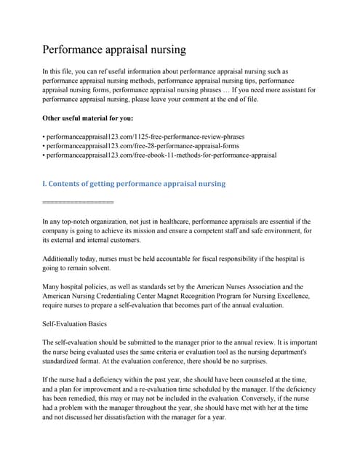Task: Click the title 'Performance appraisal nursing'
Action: (x=114, y=50)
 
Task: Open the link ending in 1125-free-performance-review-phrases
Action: (x=145, y=136)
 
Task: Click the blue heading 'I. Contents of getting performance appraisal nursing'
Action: (x=135, y=184)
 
